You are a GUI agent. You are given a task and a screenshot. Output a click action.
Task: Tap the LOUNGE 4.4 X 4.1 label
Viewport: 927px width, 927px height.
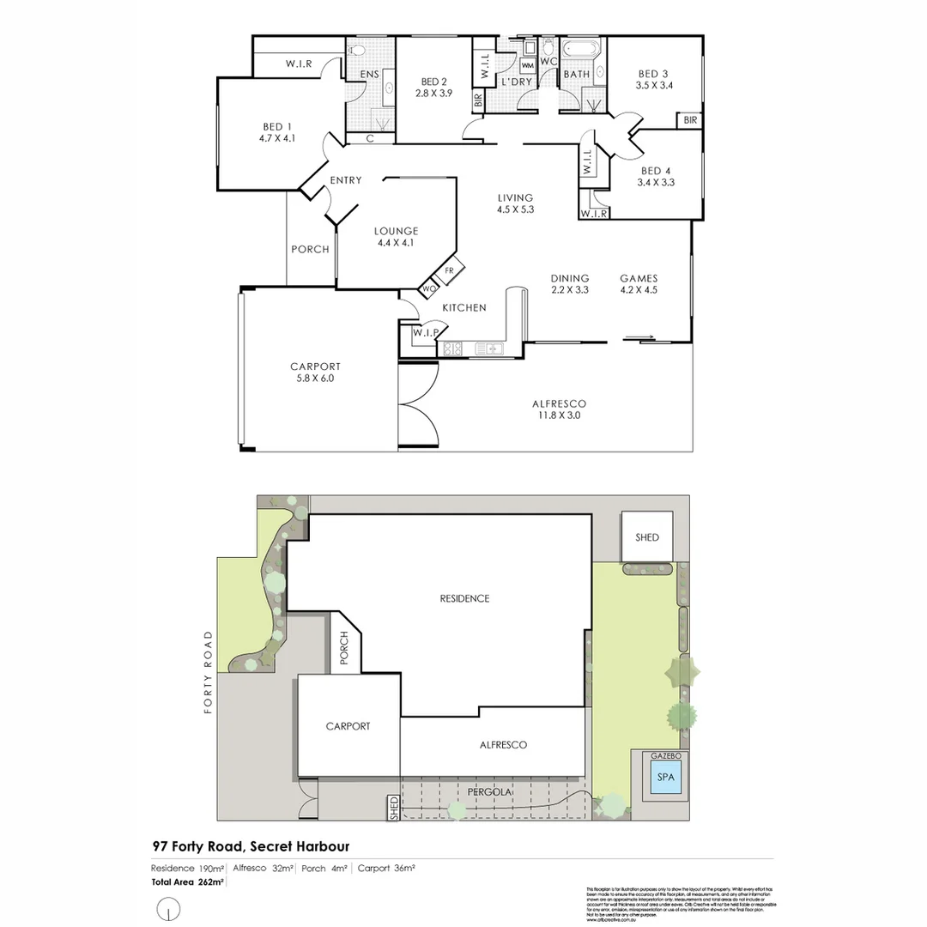click(x=396, y=236)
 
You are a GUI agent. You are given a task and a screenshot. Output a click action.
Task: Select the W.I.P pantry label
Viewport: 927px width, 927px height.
click(x=426, y=332)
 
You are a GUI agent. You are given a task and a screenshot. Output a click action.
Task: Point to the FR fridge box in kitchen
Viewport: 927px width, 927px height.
click(x=449, y=271)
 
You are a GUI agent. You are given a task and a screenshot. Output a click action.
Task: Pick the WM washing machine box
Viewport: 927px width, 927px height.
click(x=528, y=65)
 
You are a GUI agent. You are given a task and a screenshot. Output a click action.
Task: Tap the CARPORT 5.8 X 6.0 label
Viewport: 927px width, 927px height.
click(x=315, y=372)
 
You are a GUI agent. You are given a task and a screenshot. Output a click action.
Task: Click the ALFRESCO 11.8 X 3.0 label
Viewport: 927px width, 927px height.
click(x=559, y=409)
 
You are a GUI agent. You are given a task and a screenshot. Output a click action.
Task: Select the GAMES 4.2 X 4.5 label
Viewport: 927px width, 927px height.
click(x=639, y=283)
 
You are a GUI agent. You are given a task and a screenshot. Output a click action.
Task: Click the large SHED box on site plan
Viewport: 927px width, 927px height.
click(x=647, y=536)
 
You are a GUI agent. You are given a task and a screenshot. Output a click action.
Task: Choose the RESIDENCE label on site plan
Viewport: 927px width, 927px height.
click(x=464, y=598)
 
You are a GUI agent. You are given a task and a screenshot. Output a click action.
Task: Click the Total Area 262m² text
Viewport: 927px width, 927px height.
click(x=188, y=882)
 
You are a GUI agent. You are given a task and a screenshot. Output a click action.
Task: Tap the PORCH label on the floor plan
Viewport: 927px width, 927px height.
click(x=310, y=249)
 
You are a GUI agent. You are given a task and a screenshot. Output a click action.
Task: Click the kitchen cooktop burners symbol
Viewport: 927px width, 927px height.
click(x=451, y=348)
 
